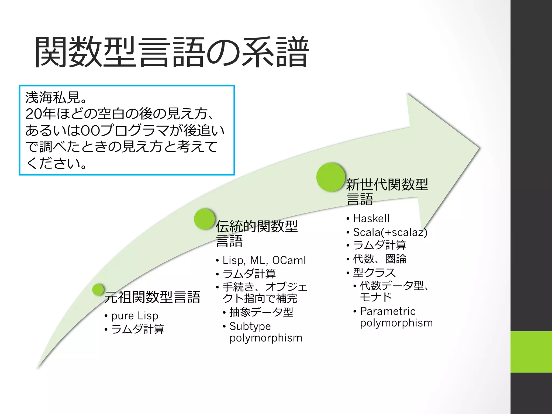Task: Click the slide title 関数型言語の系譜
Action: (171, 52)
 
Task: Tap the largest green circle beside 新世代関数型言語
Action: (331, 177)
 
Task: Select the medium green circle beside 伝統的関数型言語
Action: (204, 219)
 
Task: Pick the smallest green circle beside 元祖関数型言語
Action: (98, 290)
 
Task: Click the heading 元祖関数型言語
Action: (152, 297)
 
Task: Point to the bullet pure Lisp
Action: (134, 316)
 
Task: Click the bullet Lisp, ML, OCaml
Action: (264, 260)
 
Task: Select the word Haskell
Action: (371, 219)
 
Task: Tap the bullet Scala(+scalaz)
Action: (390, 232)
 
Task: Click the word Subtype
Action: (250, 326)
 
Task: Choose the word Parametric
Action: (388, 311)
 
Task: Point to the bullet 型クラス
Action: (374, 273)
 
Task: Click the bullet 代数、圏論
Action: (379, 259)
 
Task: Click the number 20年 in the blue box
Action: (40, 114)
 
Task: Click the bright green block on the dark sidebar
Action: (531, 352)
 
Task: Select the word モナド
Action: (376, 297)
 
